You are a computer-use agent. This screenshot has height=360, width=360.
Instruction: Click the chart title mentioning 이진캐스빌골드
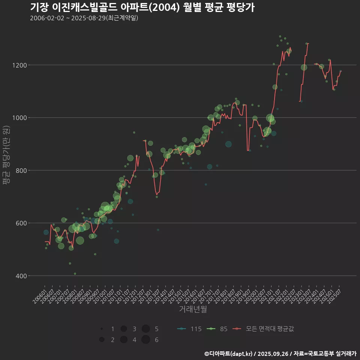pyautogui.click(x=142, y=7)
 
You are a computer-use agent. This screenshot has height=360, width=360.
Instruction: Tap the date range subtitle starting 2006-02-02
pyautogui.click(x=84, y=18)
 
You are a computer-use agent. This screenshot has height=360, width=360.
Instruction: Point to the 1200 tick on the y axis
pyautogui.click(x=19, y=65)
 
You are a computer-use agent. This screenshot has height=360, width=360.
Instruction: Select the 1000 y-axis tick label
pyautogui.click(x=19, y=118)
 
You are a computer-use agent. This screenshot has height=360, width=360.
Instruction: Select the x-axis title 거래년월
pyautogui.click(x=193, y=309)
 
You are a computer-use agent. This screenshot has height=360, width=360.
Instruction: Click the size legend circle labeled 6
pyautogui.click(x=146, y=340)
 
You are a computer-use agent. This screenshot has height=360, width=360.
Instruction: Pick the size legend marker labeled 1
pyautogui.click(x=102, y=329)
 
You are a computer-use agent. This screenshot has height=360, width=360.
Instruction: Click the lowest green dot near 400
pyautogui.click(x=75, y=273)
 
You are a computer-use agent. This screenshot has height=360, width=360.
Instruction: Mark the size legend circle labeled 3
pyautogui.click(x=123, y=329)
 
